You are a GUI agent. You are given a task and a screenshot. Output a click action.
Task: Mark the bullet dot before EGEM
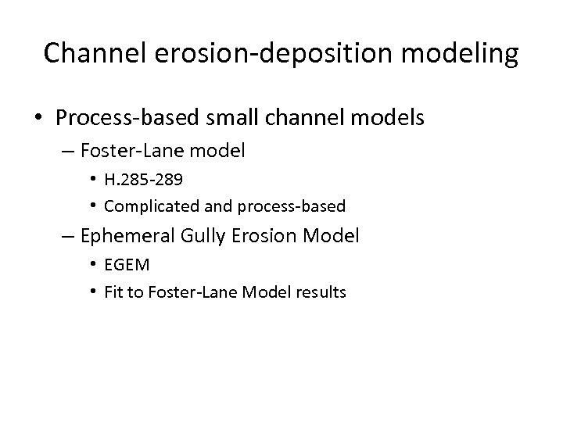92,265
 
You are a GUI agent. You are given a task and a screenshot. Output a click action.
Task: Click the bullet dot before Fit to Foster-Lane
92,291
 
